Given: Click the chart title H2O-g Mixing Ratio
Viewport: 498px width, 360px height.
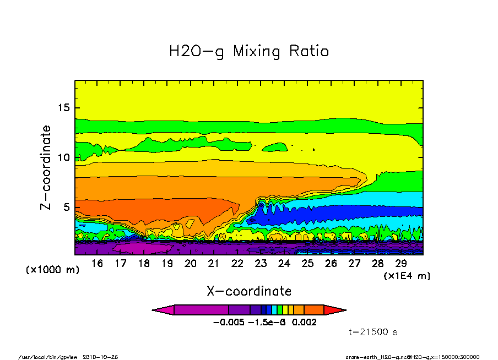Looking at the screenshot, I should pyautogui.click(x=248, y=52).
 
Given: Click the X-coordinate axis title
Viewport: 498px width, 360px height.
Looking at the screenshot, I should pyautogui.click(x=249, y=291).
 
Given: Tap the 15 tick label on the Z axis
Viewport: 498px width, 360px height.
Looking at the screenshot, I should pyautogui.click(x=65, y=108).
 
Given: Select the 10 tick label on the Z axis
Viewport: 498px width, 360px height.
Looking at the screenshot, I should pyautogui.click(x=65, y=157).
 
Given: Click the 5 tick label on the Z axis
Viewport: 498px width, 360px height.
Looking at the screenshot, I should pyautogui.click(x=68, y=208).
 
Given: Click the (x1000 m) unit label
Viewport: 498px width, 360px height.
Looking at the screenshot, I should pyautogui.click(x=52, y=270).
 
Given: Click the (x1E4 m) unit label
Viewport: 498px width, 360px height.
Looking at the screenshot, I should pyautogui.click(x=407, y=275).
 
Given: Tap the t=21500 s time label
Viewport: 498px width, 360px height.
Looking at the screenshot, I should pyautogui.click(x=373, y=332).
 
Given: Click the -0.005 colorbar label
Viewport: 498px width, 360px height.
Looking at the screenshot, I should pyautogui.click(x=228, y=323).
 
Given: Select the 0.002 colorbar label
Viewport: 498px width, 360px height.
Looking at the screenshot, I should pyautogui.click(x=304, y=323).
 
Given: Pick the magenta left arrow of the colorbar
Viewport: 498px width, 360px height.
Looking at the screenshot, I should pyautogui.click(x=163, y=310).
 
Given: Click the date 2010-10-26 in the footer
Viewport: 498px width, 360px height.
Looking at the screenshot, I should pyautogui.click(x=100, y=357).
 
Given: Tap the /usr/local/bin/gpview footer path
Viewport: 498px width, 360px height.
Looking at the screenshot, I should pyautogui.click(x=50, y=357).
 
